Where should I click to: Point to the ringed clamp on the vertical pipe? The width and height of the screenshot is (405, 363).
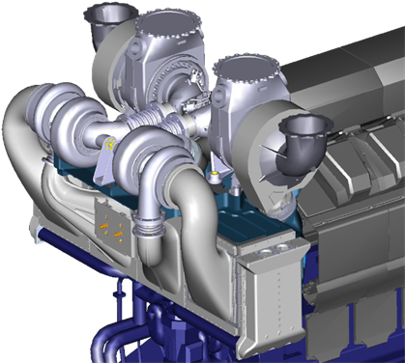pyautogui.click(x=151, y=231)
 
